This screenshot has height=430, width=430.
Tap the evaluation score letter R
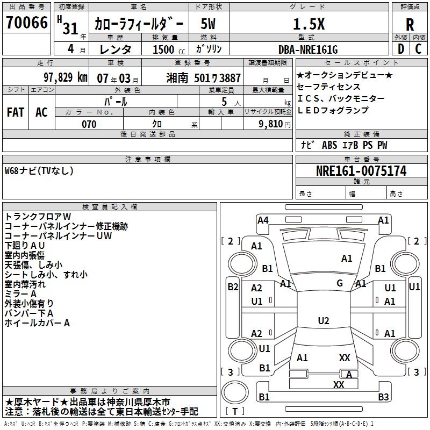pyautogui.click(x=410, y=25)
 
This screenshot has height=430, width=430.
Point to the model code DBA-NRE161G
pyautogui.click(x=308, y=49)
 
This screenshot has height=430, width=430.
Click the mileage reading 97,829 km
pyautogui.click(x=65, y=77)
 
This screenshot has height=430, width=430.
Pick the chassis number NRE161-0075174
pyautogui.click(x=361, y=171)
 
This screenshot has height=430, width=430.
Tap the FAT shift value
pyautogui.click(x=16, y=112)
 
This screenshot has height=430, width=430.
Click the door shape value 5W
pyautogui.click(x=209, y=24)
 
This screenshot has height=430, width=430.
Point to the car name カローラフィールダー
pyautogui.click(x=139, y=25)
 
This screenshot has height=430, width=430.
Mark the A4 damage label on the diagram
pyautogui.click(x=263, y=220)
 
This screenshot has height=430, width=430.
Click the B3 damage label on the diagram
pyautogui.click(x=383, y=397)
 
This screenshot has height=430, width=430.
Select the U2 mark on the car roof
pyautogui.click(x=323, y=321)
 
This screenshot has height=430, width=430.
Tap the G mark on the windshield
pyautogui.click(x=340, y=283)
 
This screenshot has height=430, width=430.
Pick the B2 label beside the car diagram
pyautogui.click(x=232, y=286)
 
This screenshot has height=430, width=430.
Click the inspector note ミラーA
pyautogui.click(x=20, y=294)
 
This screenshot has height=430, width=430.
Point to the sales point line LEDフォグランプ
pyautogui.click(x=333, y=110)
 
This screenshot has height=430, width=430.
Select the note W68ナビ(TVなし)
pyautogui.click(x=39, y=171)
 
